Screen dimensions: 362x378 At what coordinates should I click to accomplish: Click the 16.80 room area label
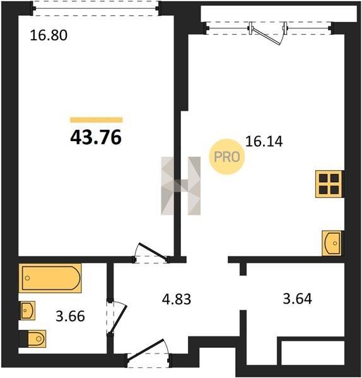coord(49,35)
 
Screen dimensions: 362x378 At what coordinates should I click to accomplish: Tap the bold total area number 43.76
coord(96,137)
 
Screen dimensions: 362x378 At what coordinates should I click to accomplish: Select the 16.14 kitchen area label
coord(264,142)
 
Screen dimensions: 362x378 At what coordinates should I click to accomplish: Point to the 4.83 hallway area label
coord(177,299)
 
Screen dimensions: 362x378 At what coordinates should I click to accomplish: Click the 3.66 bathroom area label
coord(70,316)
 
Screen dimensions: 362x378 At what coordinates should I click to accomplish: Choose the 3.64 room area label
coord(297,299)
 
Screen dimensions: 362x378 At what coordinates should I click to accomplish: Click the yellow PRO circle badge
coord(227,157)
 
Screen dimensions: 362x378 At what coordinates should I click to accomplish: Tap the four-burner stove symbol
coord(329,184)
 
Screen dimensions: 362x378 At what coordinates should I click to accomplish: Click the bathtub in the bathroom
coord(50,278)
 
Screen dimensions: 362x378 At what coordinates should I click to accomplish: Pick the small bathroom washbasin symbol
coord(28,311)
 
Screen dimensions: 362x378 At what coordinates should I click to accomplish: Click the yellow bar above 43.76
coord(96,120)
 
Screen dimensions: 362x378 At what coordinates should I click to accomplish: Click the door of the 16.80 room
coord(151,253)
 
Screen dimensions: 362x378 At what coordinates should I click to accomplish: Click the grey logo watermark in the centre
coord(181,186)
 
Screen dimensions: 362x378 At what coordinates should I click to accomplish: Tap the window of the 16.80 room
coord(96,8)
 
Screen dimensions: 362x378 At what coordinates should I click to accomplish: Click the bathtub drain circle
coord(28,278)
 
